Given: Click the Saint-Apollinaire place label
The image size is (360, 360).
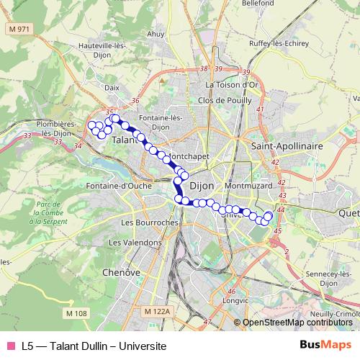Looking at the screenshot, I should point(287,145).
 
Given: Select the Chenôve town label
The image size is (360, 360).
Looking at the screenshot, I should point(120,273).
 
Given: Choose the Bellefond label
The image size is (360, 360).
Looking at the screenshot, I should point(259,4).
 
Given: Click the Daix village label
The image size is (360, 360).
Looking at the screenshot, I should point(112,87).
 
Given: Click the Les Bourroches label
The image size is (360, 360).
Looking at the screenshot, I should point(149,222).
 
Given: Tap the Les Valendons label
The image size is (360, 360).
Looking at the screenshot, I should point(142,243).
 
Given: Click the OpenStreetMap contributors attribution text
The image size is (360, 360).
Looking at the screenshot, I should point(297,323).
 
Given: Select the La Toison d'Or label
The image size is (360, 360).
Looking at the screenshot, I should point(231,84).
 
